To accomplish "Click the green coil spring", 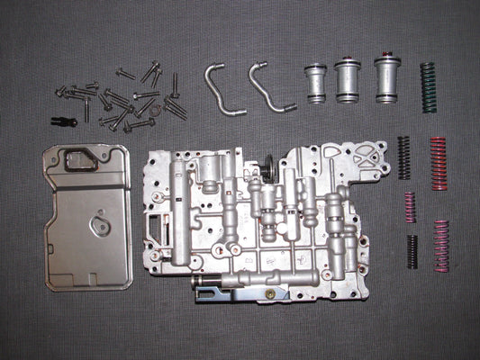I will pyautogui.click(x=429, y=87).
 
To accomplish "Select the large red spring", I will pyautogui.click(x=438, y=164).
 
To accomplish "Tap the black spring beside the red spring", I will pyautogui.click(x=404, y=156).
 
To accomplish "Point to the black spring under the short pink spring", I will pyautogui.click(x=412, y=251).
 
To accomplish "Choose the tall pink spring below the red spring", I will pyautogui.click(x=441, y=245).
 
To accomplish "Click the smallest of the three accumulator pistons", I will pyautogui.click(x=315, y=84).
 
